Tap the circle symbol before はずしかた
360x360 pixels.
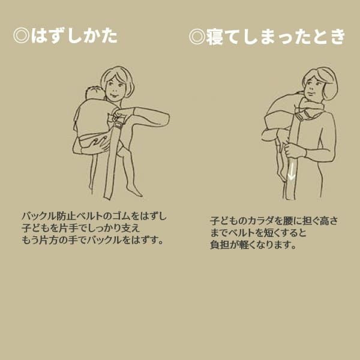pyautogui.click(x=21, y=37)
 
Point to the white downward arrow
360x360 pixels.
pyautogui.click(x=292, y=171)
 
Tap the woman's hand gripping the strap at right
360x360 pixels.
pyautogui.click(x=292, y=148)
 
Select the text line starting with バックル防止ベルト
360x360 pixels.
pyautogui.click(x=95, y=216)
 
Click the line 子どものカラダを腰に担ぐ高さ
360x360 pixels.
pyautogui.click(x=274, y=221)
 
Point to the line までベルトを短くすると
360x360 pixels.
pyautogui.click(x=258, y=233)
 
